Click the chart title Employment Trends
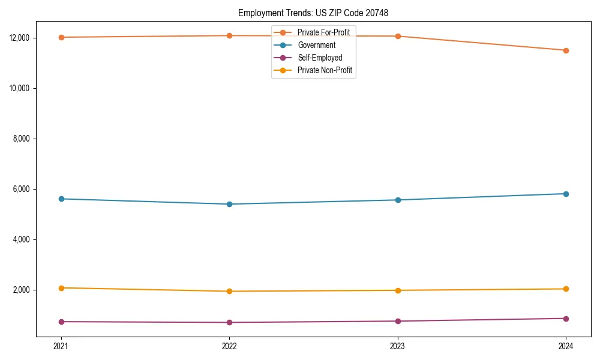314,13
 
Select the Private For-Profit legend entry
323,32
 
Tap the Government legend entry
316,45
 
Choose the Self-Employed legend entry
319,58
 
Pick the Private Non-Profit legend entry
324,70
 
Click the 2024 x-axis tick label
566,346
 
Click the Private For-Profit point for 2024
566,50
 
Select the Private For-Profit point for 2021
61,37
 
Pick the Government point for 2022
229,204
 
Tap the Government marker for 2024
566,194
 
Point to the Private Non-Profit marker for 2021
61,288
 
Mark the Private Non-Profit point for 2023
398,290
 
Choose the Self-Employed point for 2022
229,322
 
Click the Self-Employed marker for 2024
566,319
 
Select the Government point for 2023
398,200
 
